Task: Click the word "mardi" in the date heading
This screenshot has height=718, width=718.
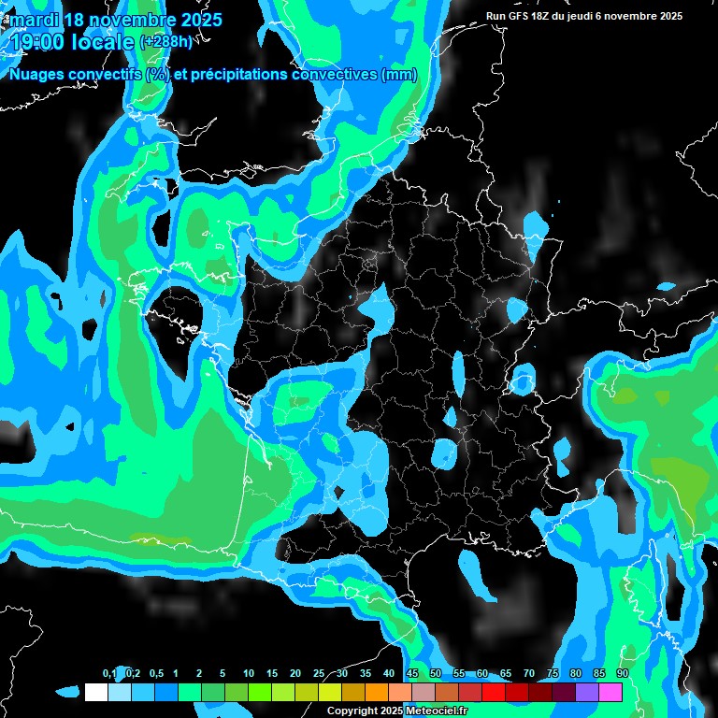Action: coord(35,20)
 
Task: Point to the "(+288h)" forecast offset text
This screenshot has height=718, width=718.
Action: coord(165,41)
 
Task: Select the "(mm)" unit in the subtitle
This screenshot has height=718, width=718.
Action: coord(399,75)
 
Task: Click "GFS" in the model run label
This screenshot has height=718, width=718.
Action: coord(523,16)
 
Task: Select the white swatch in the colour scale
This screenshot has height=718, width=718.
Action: coord(95,692)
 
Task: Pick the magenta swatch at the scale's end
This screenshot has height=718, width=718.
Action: coord(610,692)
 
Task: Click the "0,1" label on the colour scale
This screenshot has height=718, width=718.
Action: coord(109,674)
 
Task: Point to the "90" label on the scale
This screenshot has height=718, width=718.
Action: coord(622,674)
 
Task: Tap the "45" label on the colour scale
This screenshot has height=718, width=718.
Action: coord(412,674)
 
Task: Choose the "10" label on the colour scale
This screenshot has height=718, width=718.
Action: coord(248,674)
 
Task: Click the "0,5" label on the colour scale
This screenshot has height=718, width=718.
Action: coord(156,674)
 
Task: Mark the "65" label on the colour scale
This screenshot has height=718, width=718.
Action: coord(505,674)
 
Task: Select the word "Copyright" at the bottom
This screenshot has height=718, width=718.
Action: coord(352,711)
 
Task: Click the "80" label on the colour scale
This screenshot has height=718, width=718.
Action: coord(575,674)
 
